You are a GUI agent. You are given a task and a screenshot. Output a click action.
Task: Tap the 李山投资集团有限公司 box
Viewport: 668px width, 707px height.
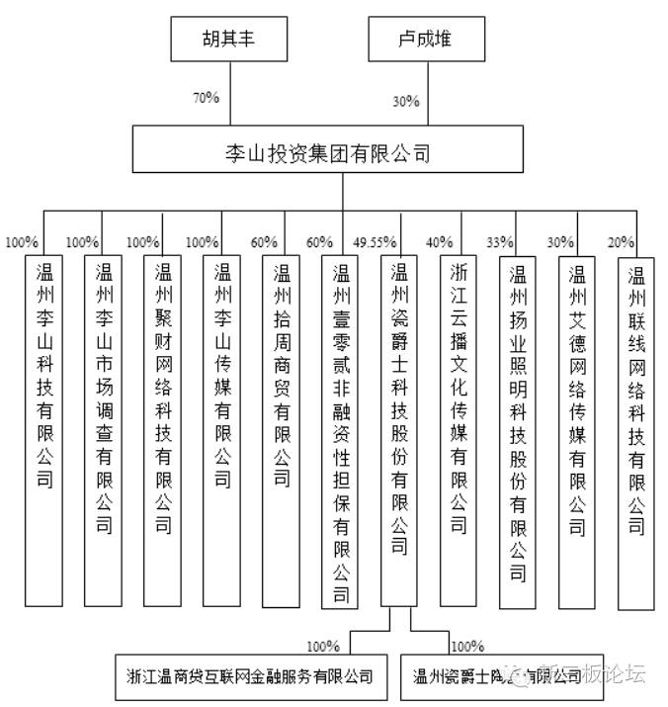pos(328,153)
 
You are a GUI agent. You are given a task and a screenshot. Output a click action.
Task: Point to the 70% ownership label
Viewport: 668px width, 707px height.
pos(206,98)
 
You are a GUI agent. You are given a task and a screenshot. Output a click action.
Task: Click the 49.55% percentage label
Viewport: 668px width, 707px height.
pos(375,241)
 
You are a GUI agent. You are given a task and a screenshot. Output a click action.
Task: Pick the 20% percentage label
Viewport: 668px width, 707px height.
pos(621,241)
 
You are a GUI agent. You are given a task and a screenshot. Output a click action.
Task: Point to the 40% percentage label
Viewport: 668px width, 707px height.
pos(440,241)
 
